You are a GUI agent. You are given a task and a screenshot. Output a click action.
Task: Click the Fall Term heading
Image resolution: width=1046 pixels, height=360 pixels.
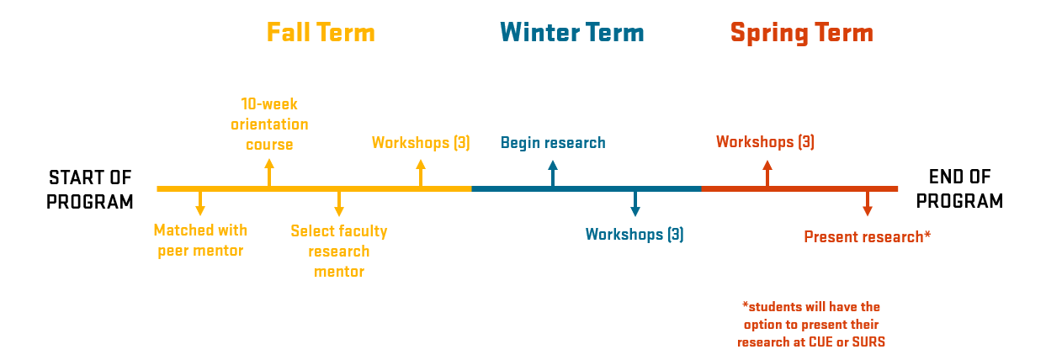click(321, 33)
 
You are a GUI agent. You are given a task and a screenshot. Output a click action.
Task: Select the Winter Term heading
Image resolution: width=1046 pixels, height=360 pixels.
click(572, 33)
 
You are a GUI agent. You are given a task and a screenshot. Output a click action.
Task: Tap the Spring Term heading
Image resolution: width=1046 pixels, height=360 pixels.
click(801, 33)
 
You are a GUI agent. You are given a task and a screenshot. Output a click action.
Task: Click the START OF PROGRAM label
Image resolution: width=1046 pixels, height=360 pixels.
click(90, 189)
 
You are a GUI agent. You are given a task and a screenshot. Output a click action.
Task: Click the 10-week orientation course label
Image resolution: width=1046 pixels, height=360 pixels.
click(269, 124)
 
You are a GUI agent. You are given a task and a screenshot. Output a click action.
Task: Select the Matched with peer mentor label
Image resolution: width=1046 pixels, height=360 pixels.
click(200, 240)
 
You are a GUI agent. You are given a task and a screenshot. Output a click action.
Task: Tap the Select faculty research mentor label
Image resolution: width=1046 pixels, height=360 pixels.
click(339, 251)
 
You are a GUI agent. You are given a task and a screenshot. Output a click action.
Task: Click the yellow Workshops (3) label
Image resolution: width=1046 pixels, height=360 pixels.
click(421, 142)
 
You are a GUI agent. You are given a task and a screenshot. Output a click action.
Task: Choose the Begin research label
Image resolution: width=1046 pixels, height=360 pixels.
click(553, 142)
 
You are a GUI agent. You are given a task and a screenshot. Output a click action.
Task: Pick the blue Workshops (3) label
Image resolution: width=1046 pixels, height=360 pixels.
click(635, 235)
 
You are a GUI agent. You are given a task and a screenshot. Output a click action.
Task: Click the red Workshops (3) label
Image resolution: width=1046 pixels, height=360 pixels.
click(765, 142)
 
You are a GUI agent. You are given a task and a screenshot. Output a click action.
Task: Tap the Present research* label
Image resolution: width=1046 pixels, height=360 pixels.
click(867, 237)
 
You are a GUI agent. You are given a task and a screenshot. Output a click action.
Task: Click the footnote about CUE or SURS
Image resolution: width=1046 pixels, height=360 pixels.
click(811, 325)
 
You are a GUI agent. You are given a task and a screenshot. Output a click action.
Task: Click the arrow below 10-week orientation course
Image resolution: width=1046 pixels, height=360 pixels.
click(269, 172)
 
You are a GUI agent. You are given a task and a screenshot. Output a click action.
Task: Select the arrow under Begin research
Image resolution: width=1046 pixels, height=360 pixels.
click(553, 173)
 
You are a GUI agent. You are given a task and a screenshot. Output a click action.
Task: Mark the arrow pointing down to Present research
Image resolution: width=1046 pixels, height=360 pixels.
click(868, 204)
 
